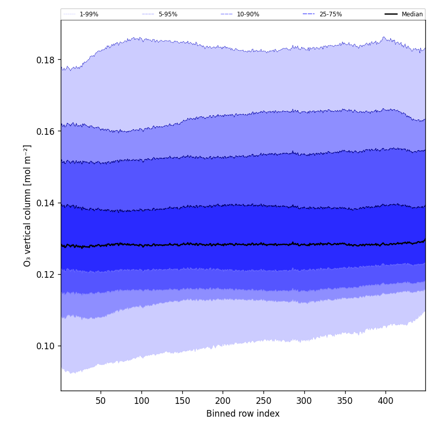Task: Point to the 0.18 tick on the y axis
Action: point(45,60)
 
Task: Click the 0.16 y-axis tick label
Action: point(45,131)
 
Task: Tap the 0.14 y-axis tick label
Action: point(45,203)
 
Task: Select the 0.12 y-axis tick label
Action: point(45,274)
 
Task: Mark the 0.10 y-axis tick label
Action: point(45,346)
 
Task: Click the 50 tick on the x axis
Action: point(101,401)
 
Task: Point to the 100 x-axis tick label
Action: point(141,401)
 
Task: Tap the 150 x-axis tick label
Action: point(182,401)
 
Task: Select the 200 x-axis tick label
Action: point(223,401)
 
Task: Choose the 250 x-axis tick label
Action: point(263,401)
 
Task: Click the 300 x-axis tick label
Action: point(304,401)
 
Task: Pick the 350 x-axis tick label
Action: point(345,401)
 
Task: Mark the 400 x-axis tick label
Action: point(385,401)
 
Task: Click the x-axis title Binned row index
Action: point(243,414)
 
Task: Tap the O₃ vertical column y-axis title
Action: point(28,205)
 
